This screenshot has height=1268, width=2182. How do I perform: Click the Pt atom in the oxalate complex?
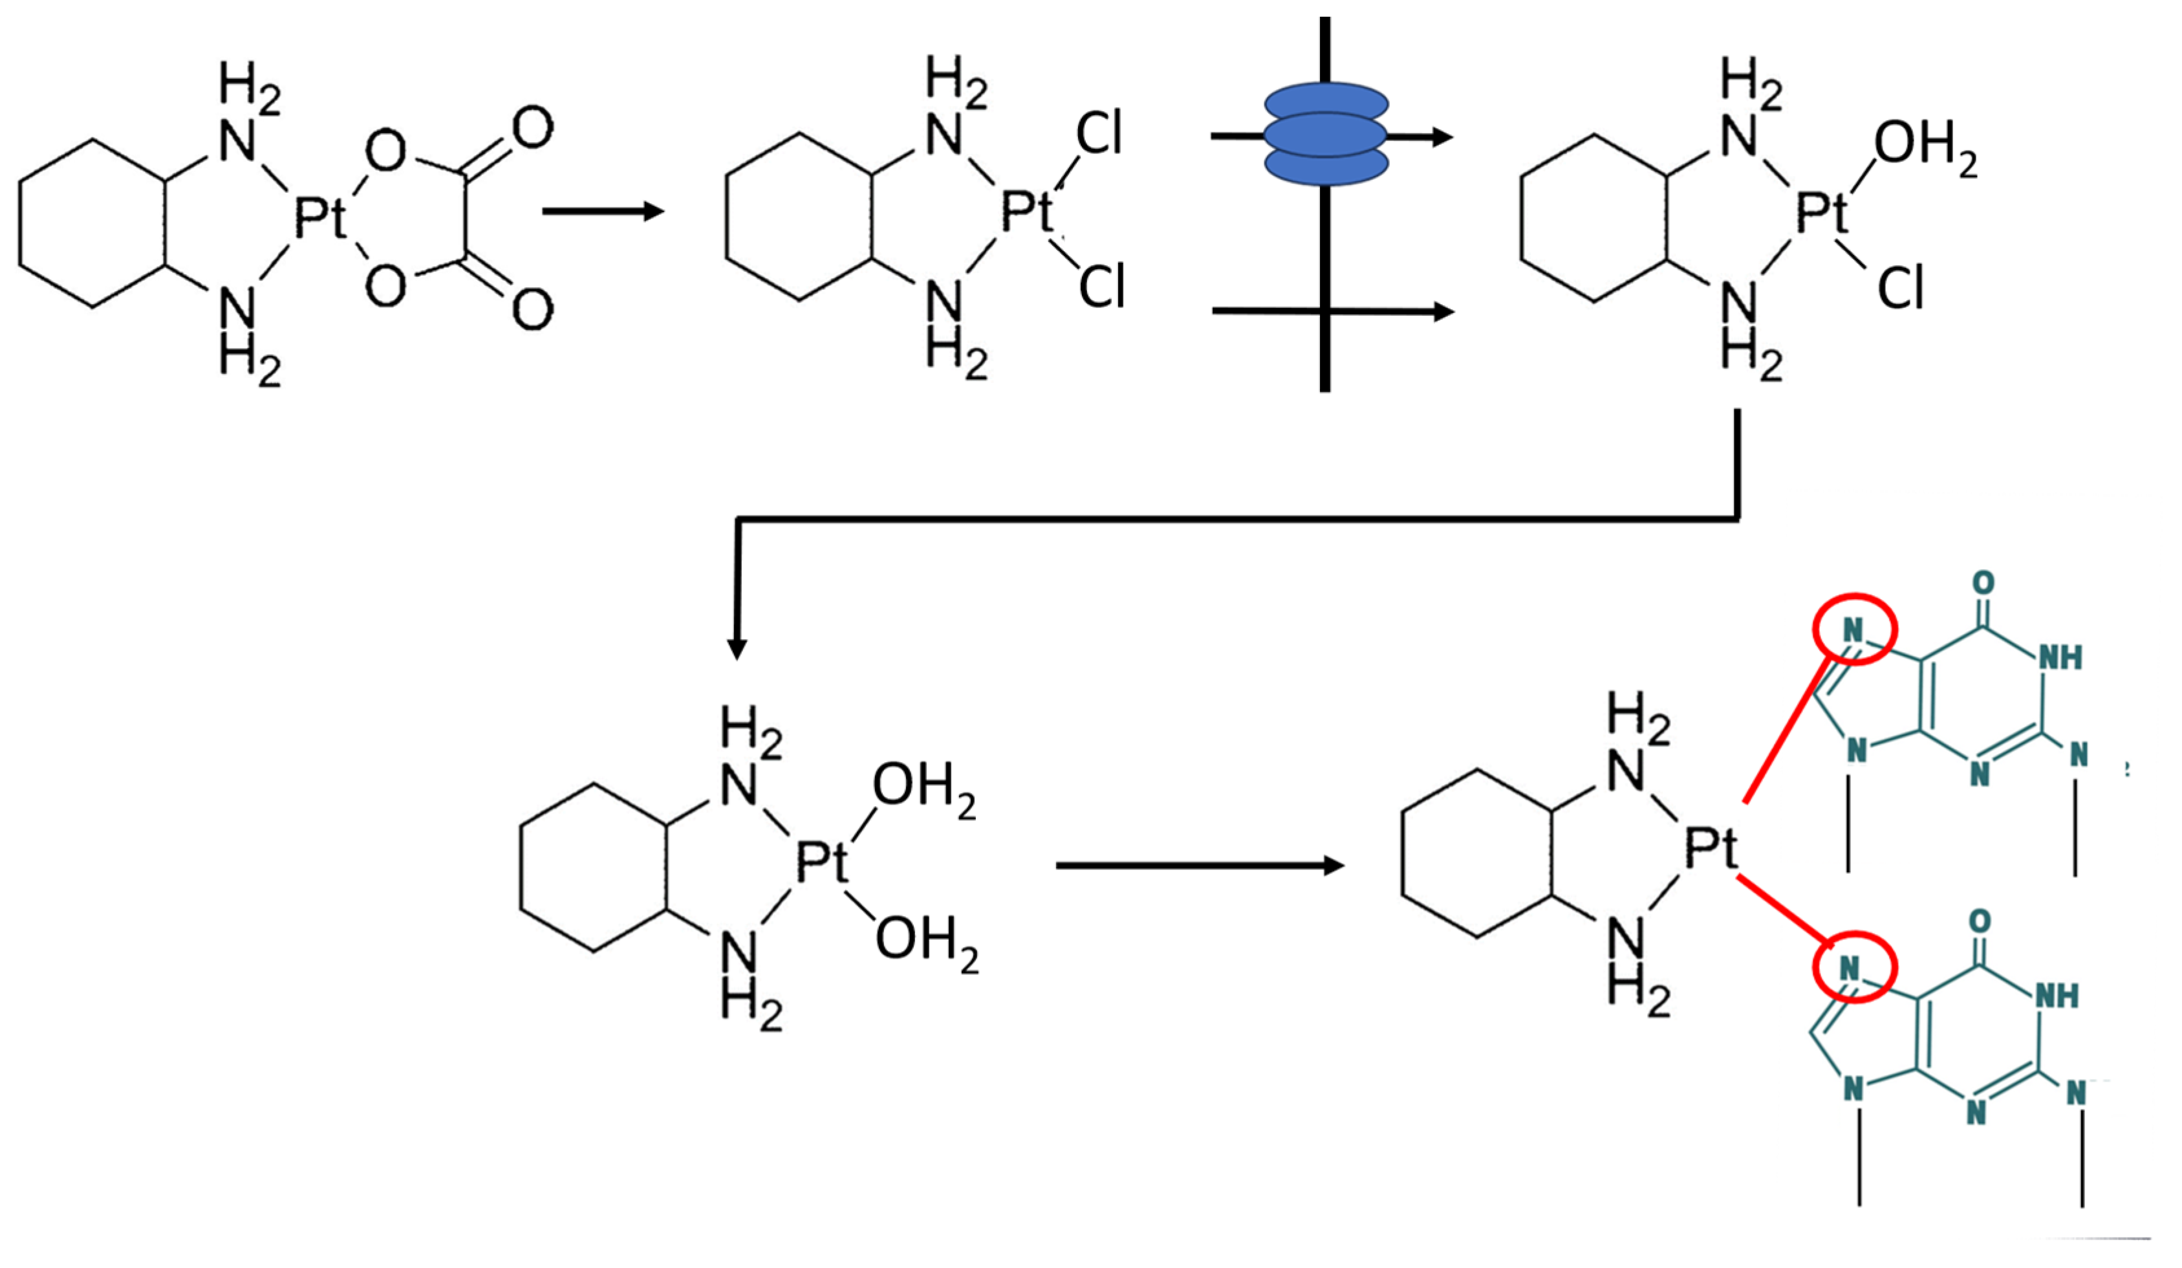(319, 217)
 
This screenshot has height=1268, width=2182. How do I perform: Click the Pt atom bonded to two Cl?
(1027, 210)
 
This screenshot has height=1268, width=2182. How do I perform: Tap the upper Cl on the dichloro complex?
(1099, 135)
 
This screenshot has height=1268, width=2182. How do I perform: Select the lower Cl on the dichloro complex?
(1101, 287)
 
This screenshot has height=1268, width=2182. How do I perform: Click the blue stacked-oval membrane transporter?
(1326, 135)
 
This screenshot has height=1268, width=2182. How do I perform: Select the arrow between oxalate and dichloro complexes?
(603, 212)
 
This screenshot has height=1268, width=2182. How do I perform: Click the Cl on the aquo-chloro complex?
(1900, 289)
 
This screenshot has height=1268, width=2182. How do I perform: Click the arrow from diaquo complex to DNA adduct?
(1199, 865)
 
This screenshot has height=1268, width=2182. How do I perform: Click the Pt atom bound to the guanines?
(1710, 849)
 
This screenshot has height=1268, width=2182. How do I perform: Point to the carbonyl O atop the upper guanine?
(1983, 582)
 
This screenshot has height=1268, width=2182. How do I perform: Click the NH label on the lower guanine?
(2057, 997)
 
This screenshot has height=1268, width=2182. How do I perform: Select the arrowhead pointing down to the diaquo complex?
(737, 648)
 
